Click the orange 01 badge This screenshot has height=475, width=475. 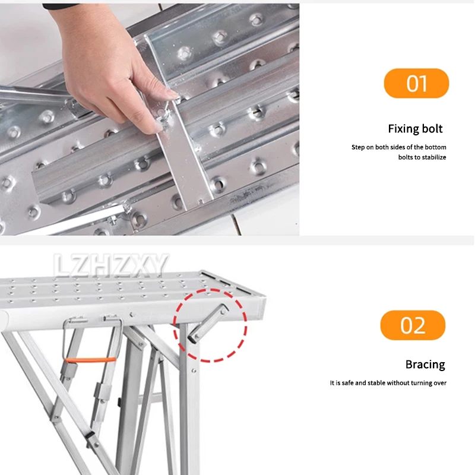pos(416,83)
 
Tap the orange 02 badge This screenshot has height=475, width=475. pos(412,325)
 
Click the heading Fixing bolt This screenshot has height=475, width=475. pos(415,129)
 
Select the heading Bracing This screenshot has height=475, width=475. pos(425,365)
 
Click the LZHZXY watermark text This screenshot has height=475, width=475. pos(112,265)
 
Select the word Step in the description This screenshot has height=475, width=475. pos(358,147)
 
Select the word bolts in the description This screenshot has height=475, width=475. pos(407,157)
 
